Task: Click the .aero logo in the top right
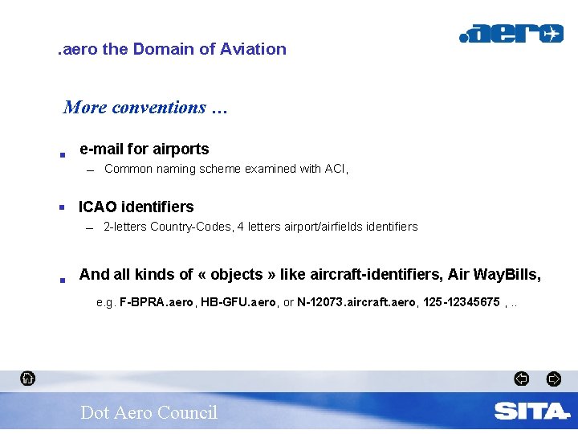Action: click(511, 34)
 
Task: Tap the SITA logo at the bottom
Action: click(531, 411)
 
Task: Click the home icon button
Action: click(27, 378)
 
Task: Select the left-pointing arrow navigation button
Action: click(521, 379)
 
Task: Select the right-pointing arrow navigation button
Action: click(553, 379)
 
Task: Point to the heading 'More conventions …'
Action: click(145, 107)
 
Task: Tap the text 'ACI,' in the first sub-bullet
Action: click(336, 169)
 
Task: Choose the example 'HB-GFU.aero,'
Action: click(238, 302)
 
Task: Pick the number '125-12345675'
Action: click(461, 302)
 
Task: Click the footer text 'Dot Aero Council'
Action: click(149, 412)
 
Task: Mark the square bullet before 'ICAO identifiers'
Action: click(62, 207)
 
